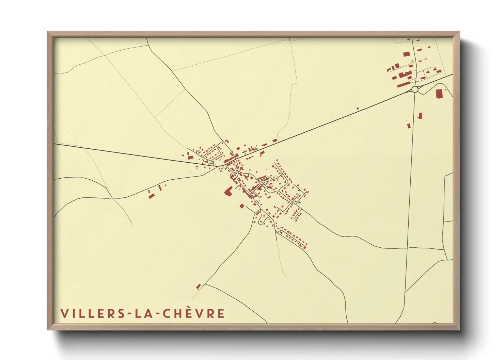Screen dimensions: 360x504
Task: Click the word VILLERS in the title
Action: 93,313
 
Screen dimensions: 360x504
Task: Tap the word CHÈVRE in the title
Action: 194,313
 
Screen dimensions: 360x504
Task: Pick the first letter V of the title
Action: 64,313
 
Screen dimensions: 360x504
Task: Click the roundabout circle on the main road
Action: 415,89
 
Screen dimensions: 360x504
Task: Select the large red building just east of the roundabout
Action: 439,94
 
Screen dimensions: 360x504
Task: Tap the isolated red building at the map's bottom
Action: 199,287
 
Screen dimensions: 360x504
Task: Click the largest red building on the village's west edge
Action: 227,192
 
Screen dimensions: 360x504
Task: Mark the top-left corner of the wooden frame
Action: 48,32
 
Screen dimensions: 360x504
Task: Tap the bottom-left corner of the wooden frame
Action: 48,329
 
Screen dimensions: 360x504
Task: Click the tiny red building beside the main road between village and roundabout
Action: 358,108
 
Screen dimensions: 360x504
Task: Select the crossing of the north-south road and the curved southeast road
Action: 407,248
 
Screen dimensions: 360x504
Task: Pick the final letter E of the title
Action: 221,313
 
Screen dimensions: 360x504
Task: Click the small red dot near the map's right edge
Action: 444,254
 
